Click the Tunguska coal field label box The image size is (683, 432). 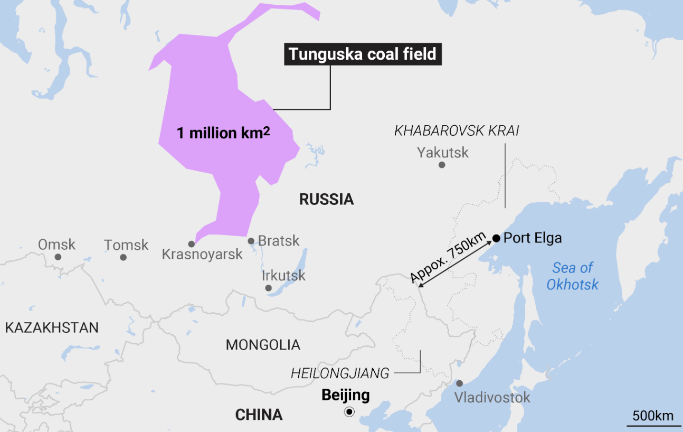click(363, 54)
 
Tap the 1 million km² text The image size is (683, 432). click(223, 133)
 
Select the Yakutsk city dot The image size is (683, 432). click(442, 165)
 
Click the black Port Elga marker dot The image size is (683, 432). click(496, 238)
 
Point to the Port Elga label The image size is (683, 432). click(533, 238)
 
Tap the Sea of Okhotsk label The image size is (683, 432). click(573, 276)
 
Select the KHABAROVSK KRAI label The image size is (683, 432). click(457, 131)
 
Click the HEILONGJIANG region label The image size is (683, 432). click(340, 373)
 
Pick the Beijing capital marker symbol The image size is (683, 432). click(349, 412)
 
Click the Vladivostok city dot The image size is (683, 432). click(459, 383)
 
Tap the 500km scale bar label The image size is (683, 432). click(653, 416)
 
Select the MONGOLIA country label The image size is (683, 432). click(263, 345)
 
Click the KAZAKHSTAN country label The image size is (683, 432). click(52, 327)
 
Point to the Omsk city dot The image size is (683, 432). click(58, 257)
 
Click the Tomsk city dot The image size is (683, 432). click(123, 257)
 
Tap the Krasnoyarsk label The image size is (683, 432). click(202, 254)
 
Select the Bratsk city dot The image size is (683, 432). click(251, 241)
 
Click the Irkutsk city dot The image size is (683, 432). click(268, 288)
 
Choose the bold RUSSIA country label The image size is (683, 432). click(326, 200)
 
